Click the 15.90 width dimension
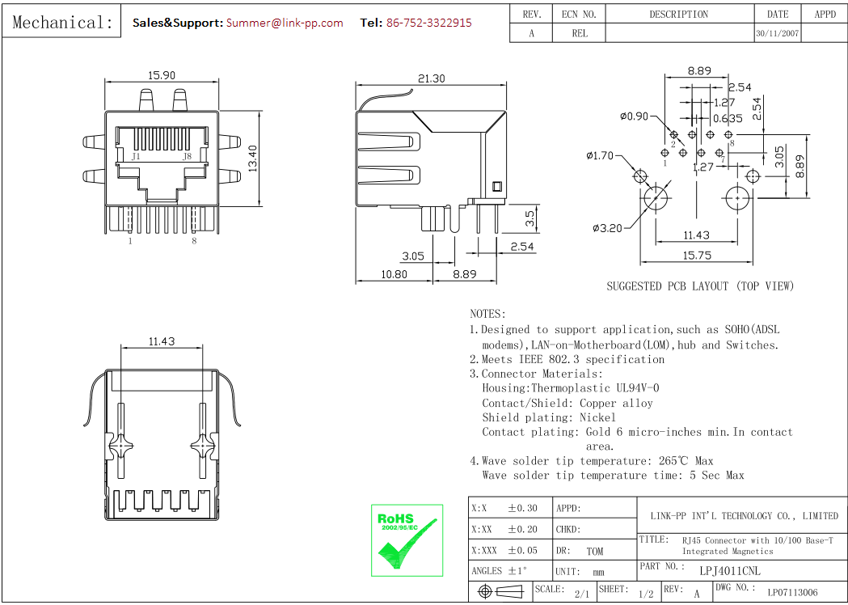click(162, 75)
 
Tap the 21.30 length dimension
click(431, 78)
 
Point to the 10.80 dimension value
click(393, 274)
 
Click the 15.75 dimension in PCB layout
click(697, 255)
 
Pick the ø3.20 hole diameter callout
click(606, 228)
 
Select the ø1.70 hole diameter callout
click(601, 155)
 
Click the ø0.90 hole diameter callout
click(635, 116)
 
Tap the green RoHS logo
click(407, 540)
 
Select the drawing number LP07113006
click(792, 593)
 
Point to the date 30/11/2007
click(777, 34)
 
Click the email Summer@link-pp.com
click(285, 23)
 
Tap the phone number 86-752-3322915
click(428, 23)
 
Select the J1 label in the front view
click(136, 156)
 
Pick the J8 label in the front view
click(187, 156)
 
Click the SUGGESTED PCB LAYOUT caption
click(700, 286)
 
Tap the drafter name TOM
click(595, 552)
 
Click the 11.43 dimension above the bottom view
click(162, 341)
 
